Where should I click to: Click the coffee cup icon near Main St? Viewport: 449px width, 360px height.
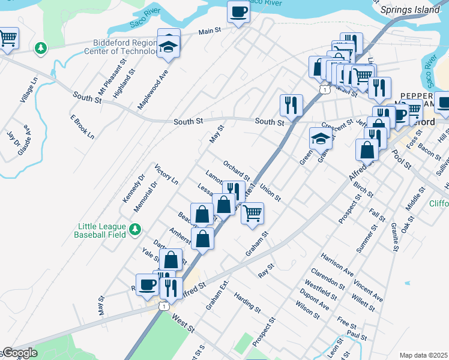[238, 12]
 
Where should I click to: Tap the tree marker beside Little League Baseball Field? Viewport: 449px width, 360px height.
[136, 229]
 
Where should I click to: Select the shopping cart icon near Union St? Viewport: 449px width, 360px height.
[253, 212]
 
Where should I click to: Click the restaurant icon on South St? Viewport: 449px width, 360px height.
[291, 104]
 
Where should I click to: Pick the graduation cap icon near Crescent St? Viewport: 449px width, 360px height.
[321, 139]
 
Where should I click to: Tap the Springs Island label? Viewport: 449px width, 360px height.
[414, 11]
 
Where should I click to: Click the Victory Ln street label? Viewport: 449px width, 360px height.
[166, 174]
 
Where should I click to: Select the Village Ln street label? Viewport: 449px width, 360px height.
[28, 89]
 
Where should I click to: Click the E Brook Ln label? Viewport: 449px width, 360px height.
[82, 127]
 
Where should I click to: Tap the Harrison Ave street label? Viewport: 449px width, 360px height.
[337, 264]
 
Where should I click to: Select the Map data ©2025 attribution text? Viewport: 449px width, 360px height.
[423, 355]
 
